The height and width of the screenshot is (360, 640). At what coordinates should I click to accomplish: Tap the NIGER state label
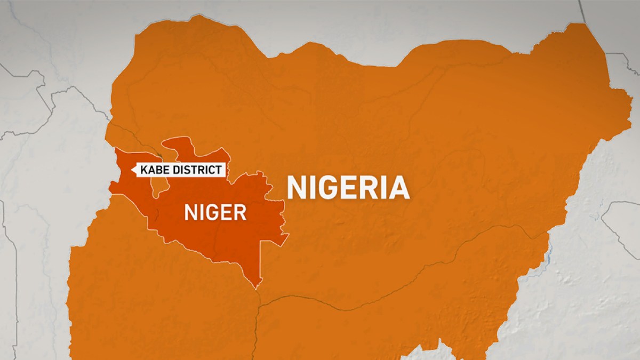click(215, 213)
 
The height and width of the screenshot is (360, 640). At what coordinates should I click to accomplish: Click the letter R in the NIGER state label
click(240, 213)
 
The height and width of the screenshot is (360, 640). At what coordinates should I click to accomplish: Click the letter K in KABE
click(143, 171)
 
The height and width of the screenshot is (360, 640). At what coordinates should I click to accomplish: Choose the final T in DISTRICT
click(218, 171)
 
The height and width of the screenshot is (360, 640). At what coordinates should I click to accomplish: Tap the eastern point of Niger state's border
click(287, 235)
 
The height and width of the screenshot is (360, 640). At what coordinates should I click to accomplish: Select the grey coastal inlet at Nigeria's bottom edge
click(427, 352)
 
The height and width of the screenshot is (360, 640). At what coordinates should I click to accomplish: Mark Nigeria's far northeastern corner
click(592, 27)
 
